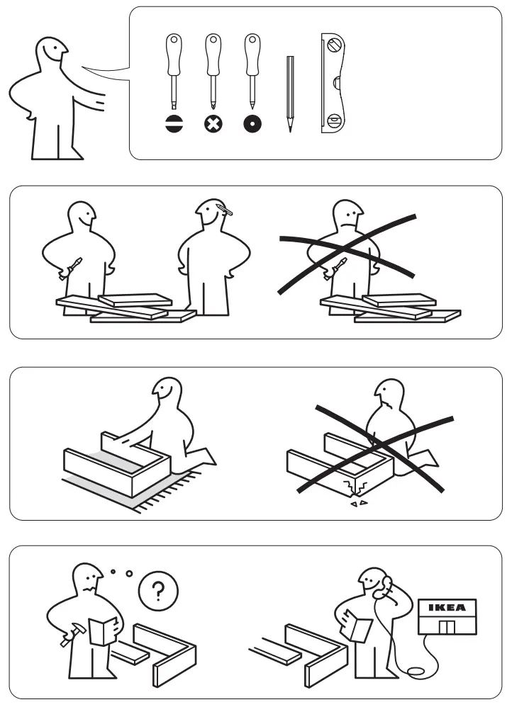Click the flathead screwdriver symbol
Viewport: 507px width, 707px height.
[x=172, y=125]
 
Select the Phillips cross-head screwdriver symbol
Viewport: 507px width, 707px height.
[x=212, y=125]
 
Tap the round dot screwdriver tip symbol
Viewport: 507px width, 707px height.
[x=252, y=125]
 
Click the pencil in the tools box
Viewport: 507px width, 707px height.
[x=290, y=92]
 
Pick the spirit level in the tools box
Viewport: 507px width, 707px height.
[x=333, y=83]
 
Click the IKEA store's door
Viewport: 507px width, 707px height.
[x=446, y=626]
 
